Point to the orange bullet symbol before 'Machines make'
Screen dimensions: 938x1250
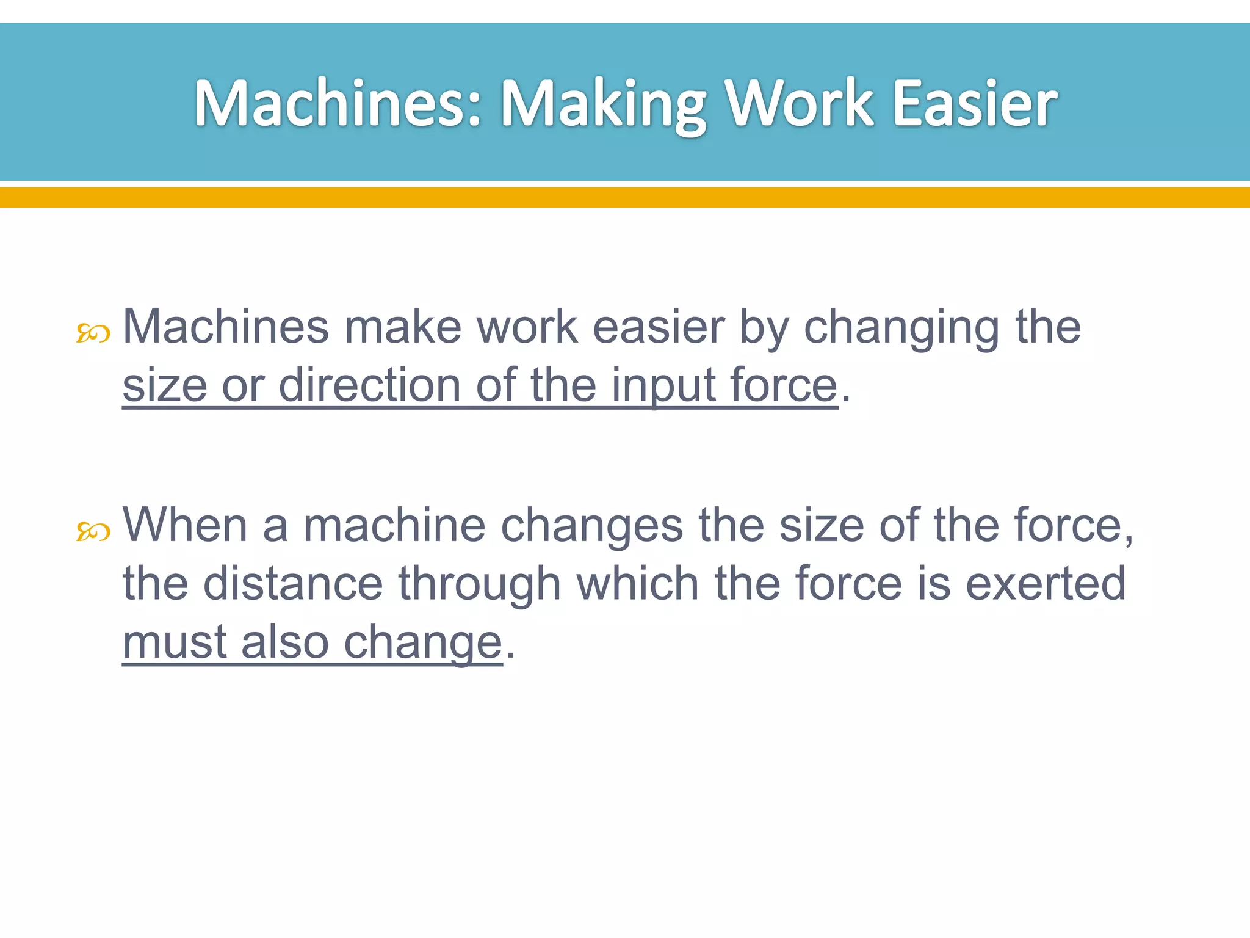point(93,334)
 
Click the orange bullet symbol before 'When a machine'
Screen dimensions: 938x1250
point(93,532)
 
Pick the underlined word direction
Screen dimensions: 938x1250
point(369,385)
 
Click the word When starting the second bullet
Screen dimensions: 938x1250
point(185,525)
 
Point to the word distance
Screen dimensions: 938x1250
point(293,583)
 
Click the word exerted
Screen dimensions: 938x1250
point(1046,583)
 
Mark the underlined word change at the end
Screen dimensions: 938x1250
point(422,643)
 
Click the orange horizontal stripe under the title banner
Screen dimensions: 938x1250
point(625,197)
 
